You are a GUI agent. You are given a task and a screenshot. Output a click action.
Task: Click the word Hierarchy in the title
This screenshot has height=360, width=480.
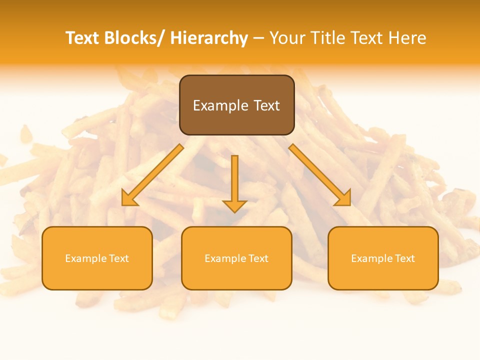[x=208, y=38]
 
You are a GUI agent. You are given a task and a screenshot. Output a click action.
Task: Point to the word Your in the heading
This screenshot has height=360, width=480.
[x=287, y=38]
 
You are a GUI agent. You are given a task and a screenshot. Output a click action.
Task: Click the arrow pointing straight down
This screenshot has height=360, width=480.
[x=234, y=180]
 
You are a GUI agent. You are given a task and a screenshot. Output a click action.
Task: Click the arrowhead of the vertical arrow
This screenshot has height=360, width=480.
[x=234, y=206]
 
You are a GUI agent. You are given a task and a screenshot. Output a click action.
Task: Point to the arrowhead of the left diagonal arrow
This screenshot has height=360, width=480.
[x=129, y=198]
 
